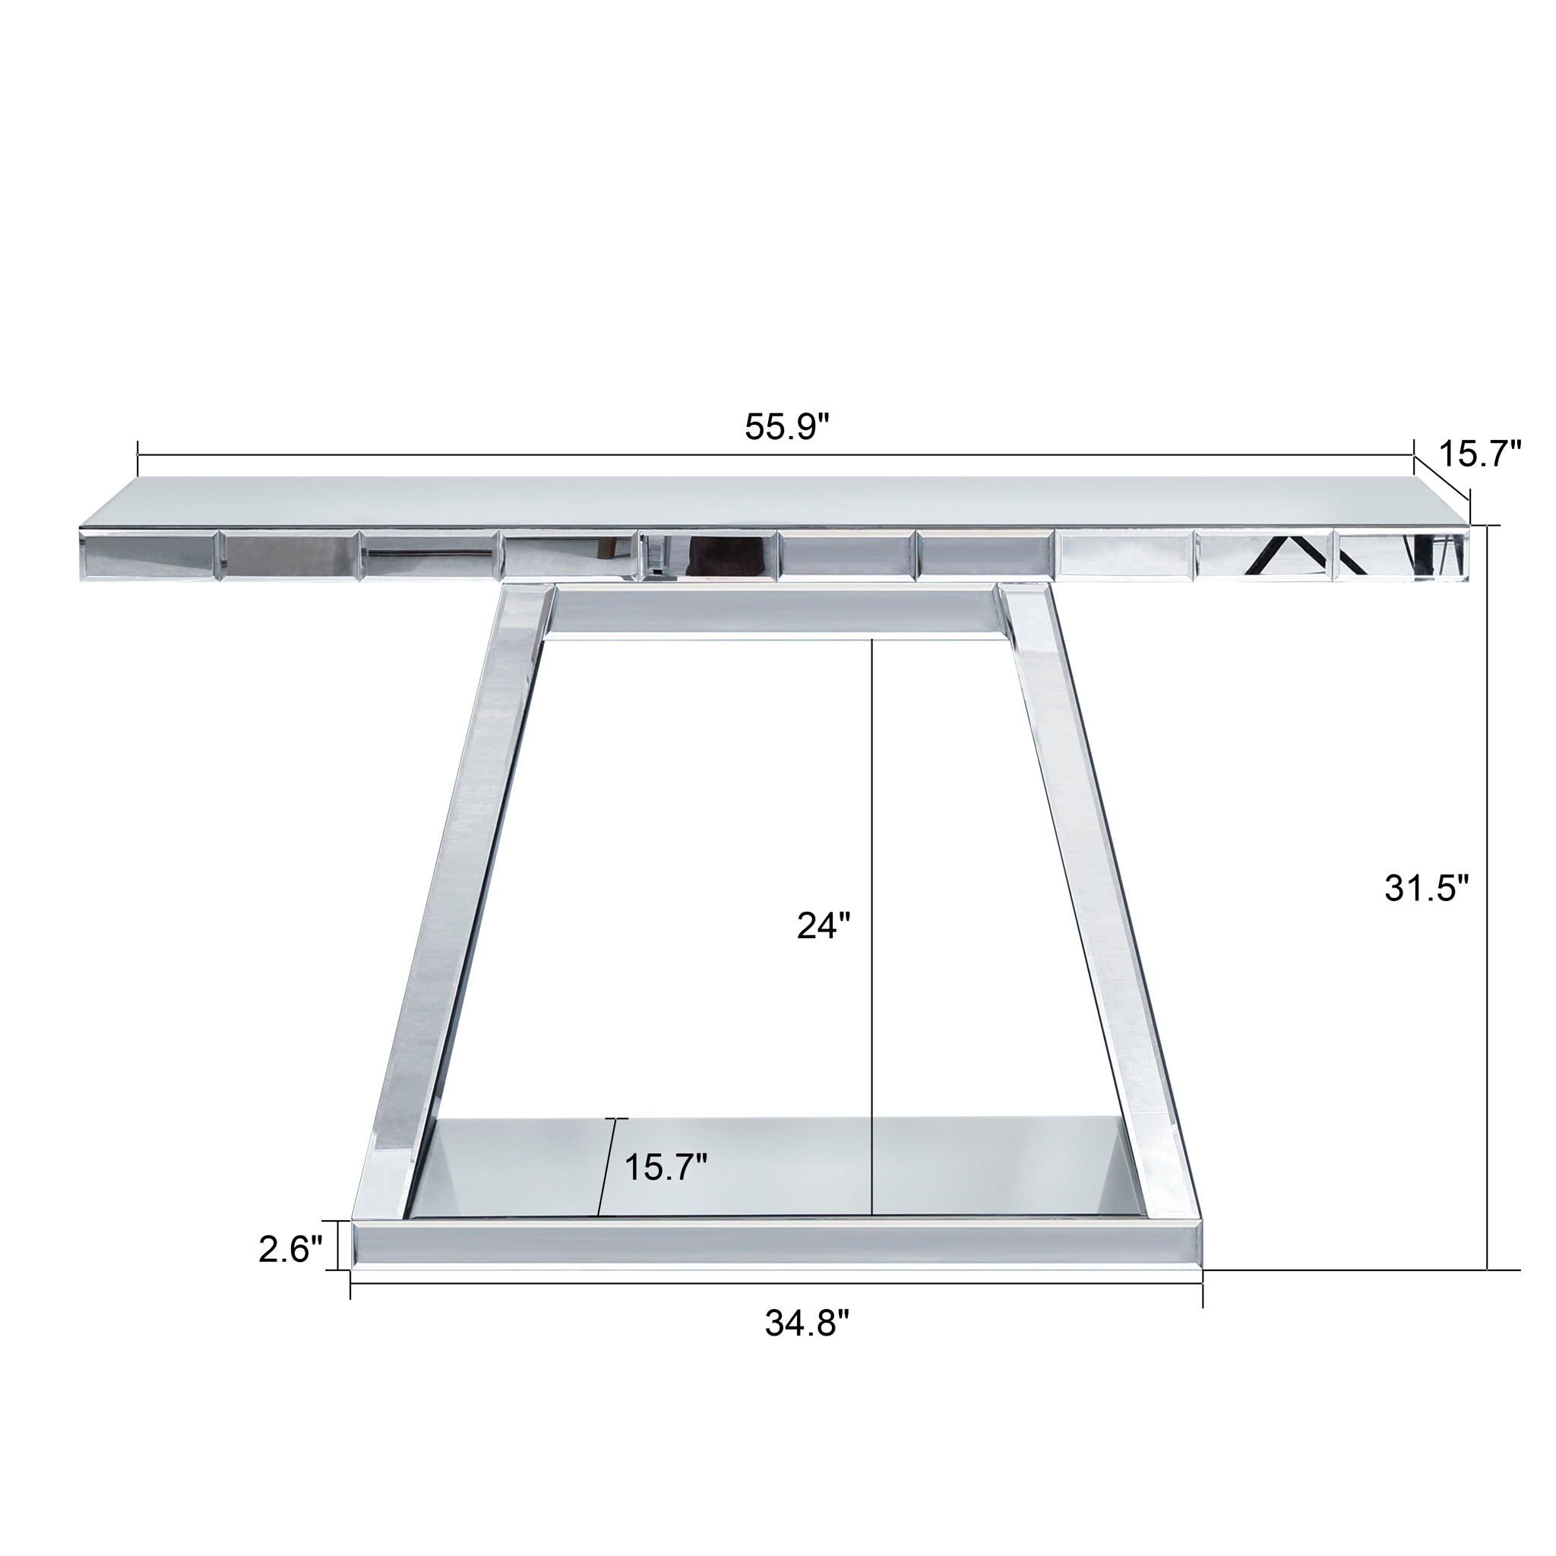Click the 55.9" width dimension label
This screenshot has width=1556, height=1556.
pos(786,428)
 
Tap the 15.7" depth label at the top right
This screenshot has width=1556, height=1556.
pos(1479,454)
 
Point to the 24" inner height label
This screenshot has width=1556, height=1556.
pos(824,926)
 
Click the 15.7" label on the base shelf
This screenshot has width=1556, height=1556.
pos(666,1167)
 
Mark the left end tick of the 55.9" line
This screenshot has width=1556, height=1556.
pos(138,456)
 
